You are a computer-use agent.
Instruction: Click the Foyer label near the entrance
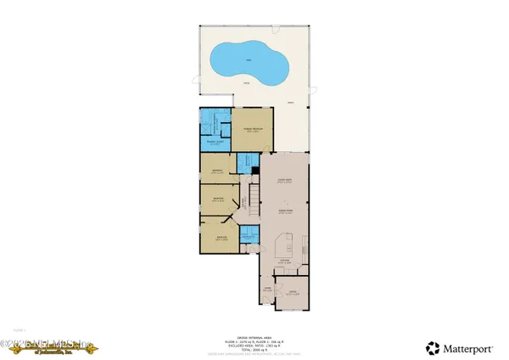point(266,290)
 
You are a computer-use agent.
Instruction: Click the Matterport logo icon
point(433,348)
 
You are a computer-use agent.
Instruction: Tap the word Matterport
point(471,348)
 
